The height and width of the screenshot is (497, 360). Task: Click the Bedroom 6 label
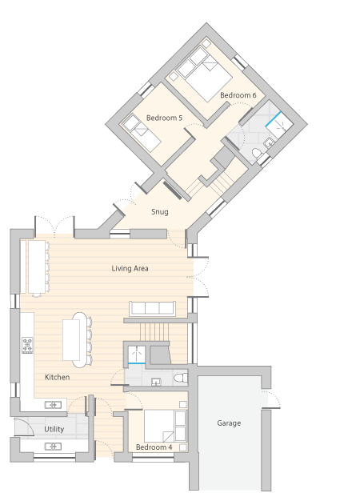(238, 95)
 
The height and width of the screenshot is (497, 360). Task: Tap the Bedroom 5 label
(164, 118)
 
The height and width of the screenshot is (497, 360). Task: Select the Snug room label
(159, 212)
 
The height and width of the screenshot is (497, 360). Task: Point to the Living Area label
(130, 268)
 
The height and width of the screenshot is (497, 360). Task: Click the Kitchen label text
(57, 377)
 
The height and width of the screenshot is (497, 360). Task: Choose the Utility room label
(54, 429)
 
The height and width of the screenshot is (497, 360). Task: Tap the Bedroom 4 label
(154, 447)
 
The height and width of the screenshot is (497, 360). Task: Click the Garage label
(229, 423)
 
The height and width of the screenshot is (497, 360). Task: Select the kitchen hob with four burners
(27, 345)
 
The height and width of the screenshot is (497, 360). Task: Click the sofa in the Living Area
(153, 308)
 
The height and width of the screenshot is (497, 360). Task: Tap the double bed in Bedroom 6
(205, 74)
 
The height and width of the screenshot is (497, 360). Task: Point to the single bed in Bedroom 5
(142, 133)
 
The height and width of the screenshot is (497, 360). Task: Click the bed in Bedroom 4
(165, 426)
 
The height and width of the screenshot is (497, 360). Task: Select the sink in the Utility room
(53, 447)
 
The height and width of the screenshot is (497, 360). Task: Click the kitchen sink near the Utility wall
(53, 405)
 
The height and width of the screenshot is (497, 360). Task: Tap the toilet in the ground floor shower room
(181, 378)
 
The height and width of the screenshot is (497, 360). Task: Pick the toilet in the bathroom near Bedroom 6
(257, 154)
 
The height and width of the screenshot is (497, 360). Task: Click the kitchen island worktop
(71, 340)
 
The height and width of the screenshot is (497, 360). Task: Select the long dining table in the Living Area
(37, 267)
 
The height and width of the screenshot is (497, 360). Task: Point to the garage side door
(270, 399)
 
